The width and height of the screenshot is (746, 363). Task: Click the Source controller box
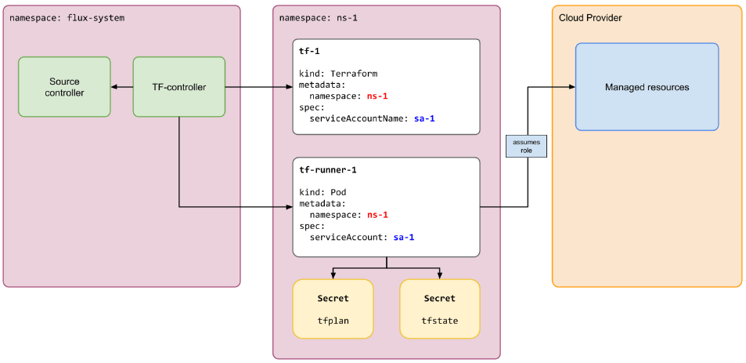(64, 87)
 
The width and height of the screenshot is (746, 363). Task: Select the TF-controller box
(178, 87)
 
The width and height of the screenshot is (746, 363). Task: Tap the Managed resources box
(647, 87)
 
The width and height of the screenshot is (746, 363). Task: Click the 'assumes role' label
(526, 146)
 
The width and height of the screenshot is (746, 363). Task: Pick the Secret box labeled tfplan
(333, 309)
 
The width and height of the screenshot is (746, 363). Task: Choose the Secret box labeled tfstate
(440, 309)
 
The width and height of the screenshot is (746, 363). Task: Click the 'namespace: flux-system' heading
(67, 19)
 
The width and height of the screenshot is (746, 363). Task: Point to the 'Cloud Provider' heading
(590, 18)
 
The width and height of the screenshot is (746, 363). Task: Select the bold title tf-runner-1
(328, 169)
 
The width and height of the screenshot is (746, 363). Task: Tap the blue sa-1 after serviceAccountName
(424, 118)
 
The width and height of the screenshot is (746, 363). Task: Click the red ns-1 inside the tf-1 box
(378, 96)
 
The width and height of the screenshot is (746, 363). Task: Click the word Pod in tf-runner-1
(338, 192)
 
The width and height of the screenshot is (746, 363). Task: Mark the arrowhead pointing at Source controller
(114, 87)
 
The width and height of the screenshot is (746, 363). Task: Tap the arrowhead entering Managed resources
(572, 87)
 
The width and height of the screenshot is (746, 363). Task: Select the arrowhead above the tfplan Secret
(333, 276)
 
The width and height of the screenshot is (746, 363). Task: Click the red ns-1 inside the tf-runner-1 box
(378, 215)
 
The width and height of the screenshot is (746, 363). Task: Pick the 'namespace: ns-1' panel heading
(318, 19)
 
